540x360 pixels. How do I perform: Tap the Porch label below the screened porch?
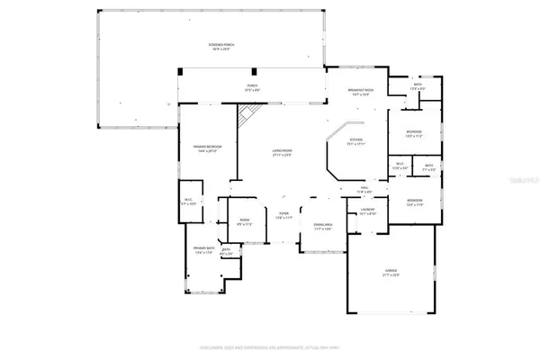click(252, 88)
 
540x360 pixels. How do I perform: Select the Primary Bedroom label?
click(208, 148)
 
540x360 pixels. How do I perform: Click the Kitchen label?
click(355, 142)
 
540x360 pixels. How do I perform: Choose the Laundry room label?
click(367, 212)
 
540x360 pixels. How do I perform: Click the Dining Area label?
click(323, 228)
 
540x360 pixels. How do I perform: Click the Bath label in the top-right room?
click(418, 87)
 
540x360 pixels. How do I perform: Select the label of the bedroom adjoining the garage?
click(414, 204)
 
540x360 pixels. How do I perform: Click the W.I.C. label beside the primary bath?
click(188, 202)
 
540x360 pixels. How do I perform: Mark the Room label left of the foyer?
click(244, 222)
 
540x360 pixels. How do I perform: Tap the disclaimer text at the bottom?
click(270, 347)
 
